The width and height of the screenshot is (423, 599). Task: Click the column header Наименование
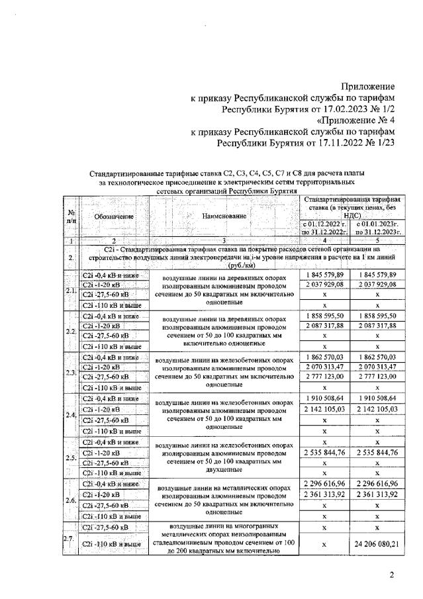[224, 216]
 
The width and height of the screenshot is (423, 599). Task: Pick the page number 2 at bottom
[392, 576]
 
